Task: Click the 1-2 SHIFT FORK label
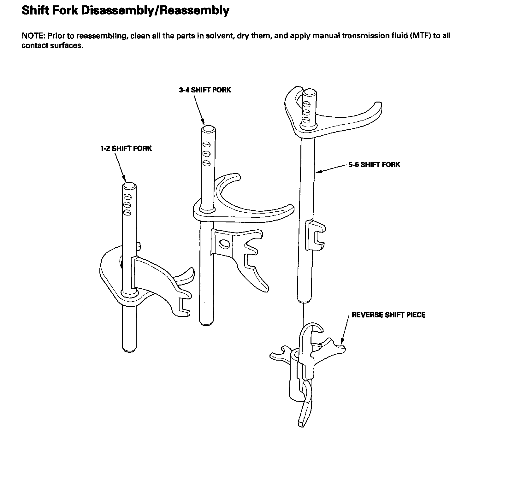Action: click(126, 148)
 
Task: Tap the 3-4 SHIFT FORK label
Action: click(205, 90)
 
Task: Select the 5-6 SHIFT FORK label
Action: click(374, 164)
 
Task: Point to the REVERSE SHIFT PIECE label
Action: click(388, 315)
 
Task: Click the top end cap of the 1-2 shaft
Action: click(129, 186)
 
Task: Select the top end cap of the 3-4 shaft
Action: click(208, 129)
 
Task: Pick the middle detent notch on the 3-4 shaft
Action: click(207, 154)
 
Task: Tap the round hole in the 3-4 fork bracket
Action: click(224, 244)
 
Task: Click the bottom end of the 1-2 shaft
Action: click(129, 349)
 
